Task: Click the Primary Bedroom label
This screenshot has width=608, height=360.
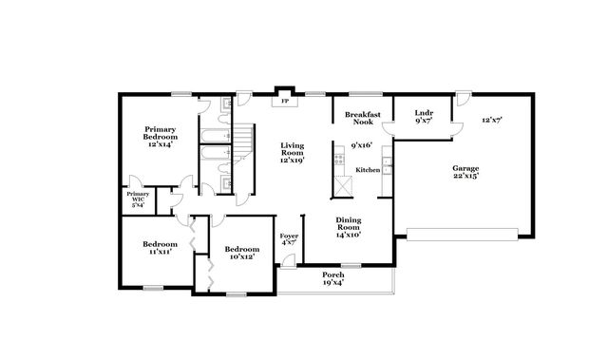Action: pyautogui.click(x=161, y=137)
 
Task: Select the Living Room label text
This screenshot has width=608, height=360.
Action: pyautogui.click(x=292, y=152)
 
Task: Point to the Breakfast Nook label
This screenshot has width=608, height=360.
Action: pyautogui.click(x=363, y=117)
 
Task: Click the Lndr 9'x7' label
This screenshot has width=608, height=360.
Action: pyautogui.click(x=424, y=117)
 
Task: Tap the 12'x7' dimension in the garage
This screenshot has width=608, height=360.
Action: pyautogui.click(x=491, y=120)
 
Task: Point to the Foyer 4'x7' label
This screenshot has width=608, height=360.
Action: pyautogui.click(x=289, y=238)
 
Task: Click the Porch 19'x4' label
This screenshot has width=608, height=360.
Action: pyautogui.click(x=333, y=278)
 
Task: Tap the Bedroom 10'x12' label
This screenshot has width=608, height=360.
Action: pyautogui.click(x=241, y=252)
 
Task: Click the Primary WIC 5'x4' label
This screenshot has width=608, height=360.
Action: pyautogui.click(x=137, y=199)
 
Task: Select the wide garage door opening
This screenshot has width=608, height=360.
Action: pyautogui.click(x=462, y=231)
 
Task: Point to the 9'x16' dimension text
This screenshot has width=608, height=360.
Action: pyautogui.click(x=362, y=146)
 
